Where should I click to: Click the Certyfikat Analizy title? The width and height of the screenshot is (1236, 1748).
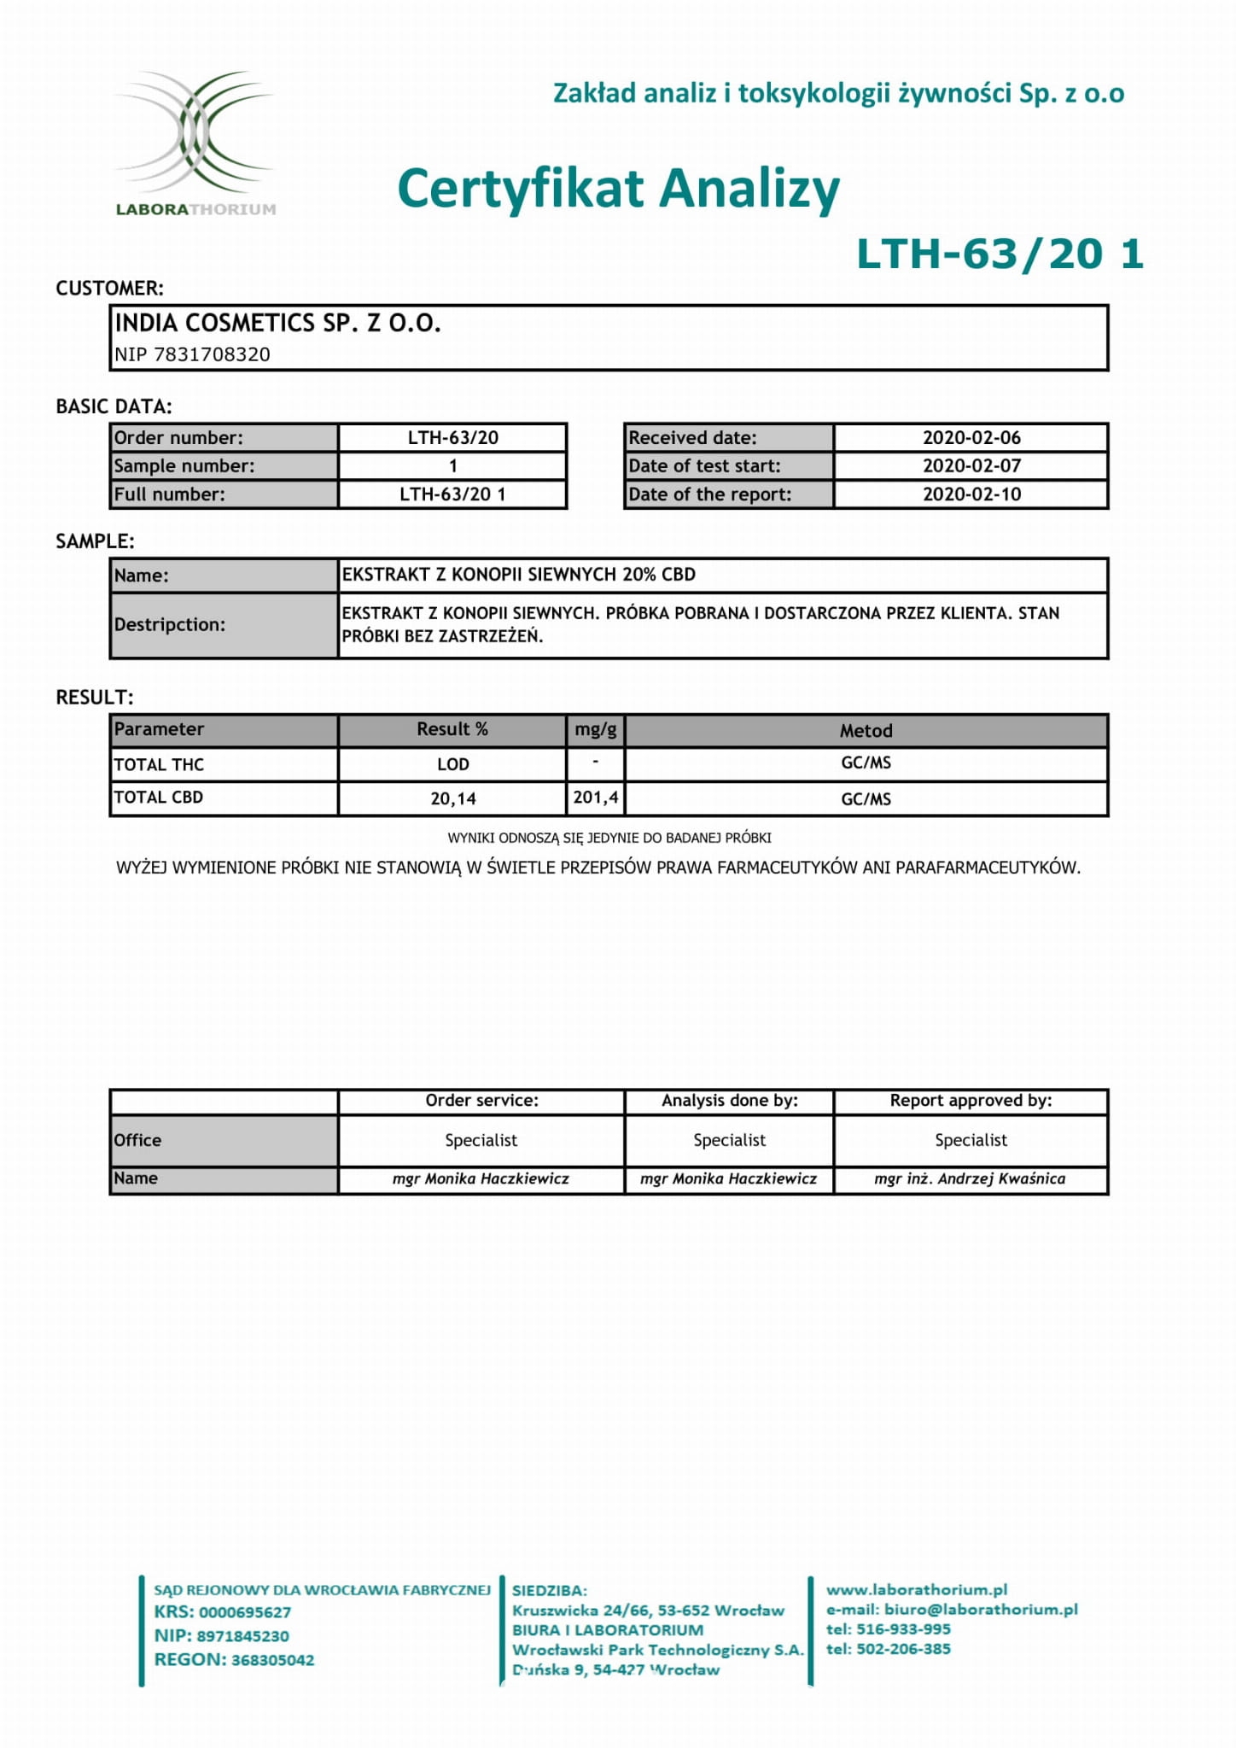618,188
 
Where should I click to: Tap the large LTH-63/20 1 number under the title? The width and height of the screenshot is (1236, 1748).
999,254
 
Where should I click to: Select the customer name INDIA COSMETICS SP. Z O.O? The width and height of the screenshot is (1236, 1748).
277,323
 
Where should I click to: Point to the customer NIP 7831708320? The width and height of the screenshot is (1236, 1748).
192,354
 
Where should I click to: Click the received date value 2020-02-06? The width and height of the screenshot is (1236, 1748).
971,437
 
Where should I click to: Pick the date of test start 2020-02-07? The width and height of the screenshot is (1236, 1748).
971,465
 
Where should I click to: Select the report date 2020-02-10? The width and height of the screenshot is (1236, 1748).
971,494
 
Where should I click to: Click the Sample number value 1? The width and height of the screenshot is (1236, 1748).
452,465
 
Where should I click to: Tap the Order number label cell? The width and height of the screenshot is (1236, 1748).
224,437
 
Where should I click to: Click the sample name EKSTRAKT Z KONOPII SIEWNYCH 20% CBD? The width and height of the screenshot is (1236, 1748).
518,575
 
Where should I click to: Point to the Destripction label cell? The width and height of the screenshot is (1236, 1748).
224,624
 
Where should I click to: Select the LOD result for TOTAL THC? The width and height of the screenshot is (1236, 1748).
452,764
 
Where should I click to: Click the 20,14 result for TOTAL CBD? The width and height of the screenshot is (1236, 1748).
452,798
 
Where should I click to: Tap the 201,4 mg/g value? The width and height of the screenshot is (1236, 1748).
595,798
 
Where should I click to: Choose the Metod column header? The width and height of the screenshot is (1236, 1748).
866,730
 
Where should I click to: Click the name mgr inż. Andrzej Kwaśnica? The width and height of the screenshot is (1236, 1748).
970,1178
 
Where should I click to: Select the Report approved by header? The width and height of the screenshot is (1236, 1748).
971,1100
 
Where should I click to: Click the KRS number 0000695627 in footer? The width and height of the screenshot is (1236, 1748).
244,1612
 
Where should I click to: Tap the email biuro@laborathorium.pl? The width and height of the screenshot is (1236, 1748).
980,1609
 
